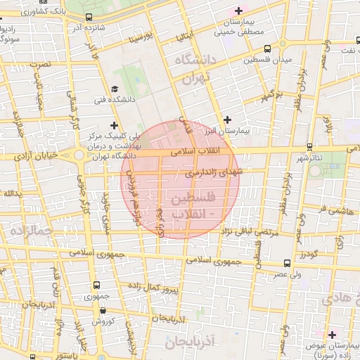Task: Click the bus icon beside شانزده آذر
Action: point(88,18)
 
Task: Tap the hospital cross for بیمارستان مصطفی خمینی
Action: point(238,11)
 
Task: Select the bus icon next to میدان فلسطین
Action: point(267,49)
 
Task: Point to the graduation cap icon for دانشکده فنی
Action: point(115,89)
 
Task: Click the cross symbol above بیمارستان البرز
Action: point(226,120)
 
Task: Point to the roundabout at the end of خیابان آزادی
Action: point(79,155)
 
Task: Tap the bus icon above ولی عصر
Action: point(285,264)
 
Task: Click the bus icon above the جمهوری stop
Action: point(96,285)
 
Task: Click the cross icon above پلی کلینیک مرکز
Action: point(114,124)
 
